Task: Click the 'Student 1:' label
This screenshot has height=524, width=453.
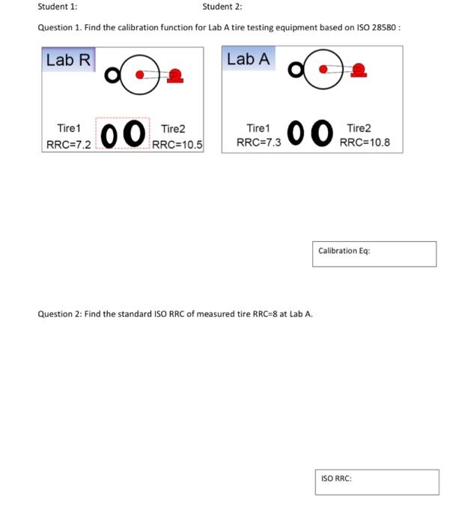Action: (x=58, y=7)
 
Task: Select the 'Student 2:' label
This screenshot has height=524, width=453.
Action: (x=222, y=7)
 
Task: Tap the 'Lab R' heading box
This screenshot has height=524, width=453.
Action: (x=68, y=60)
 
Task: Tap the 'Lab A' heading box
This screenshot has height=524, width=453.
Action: (x=249, y=59)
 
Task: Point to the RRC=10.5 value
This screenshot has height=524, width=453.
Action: (x=177, y=144)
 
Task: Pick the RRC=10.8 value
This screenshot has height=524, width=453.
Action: (x=365, y=142)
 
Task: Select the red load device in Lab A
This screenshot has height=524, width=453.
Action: (x=359, y=70)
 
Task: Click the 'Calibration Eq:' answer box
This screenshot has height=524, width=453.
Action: (x=374, y=254)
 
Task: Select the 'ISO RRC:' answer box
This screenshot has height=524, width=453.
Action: (x=375, y=481)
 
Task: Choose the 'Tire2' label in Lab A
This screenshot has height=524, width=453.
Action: (x=358, y=129)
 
